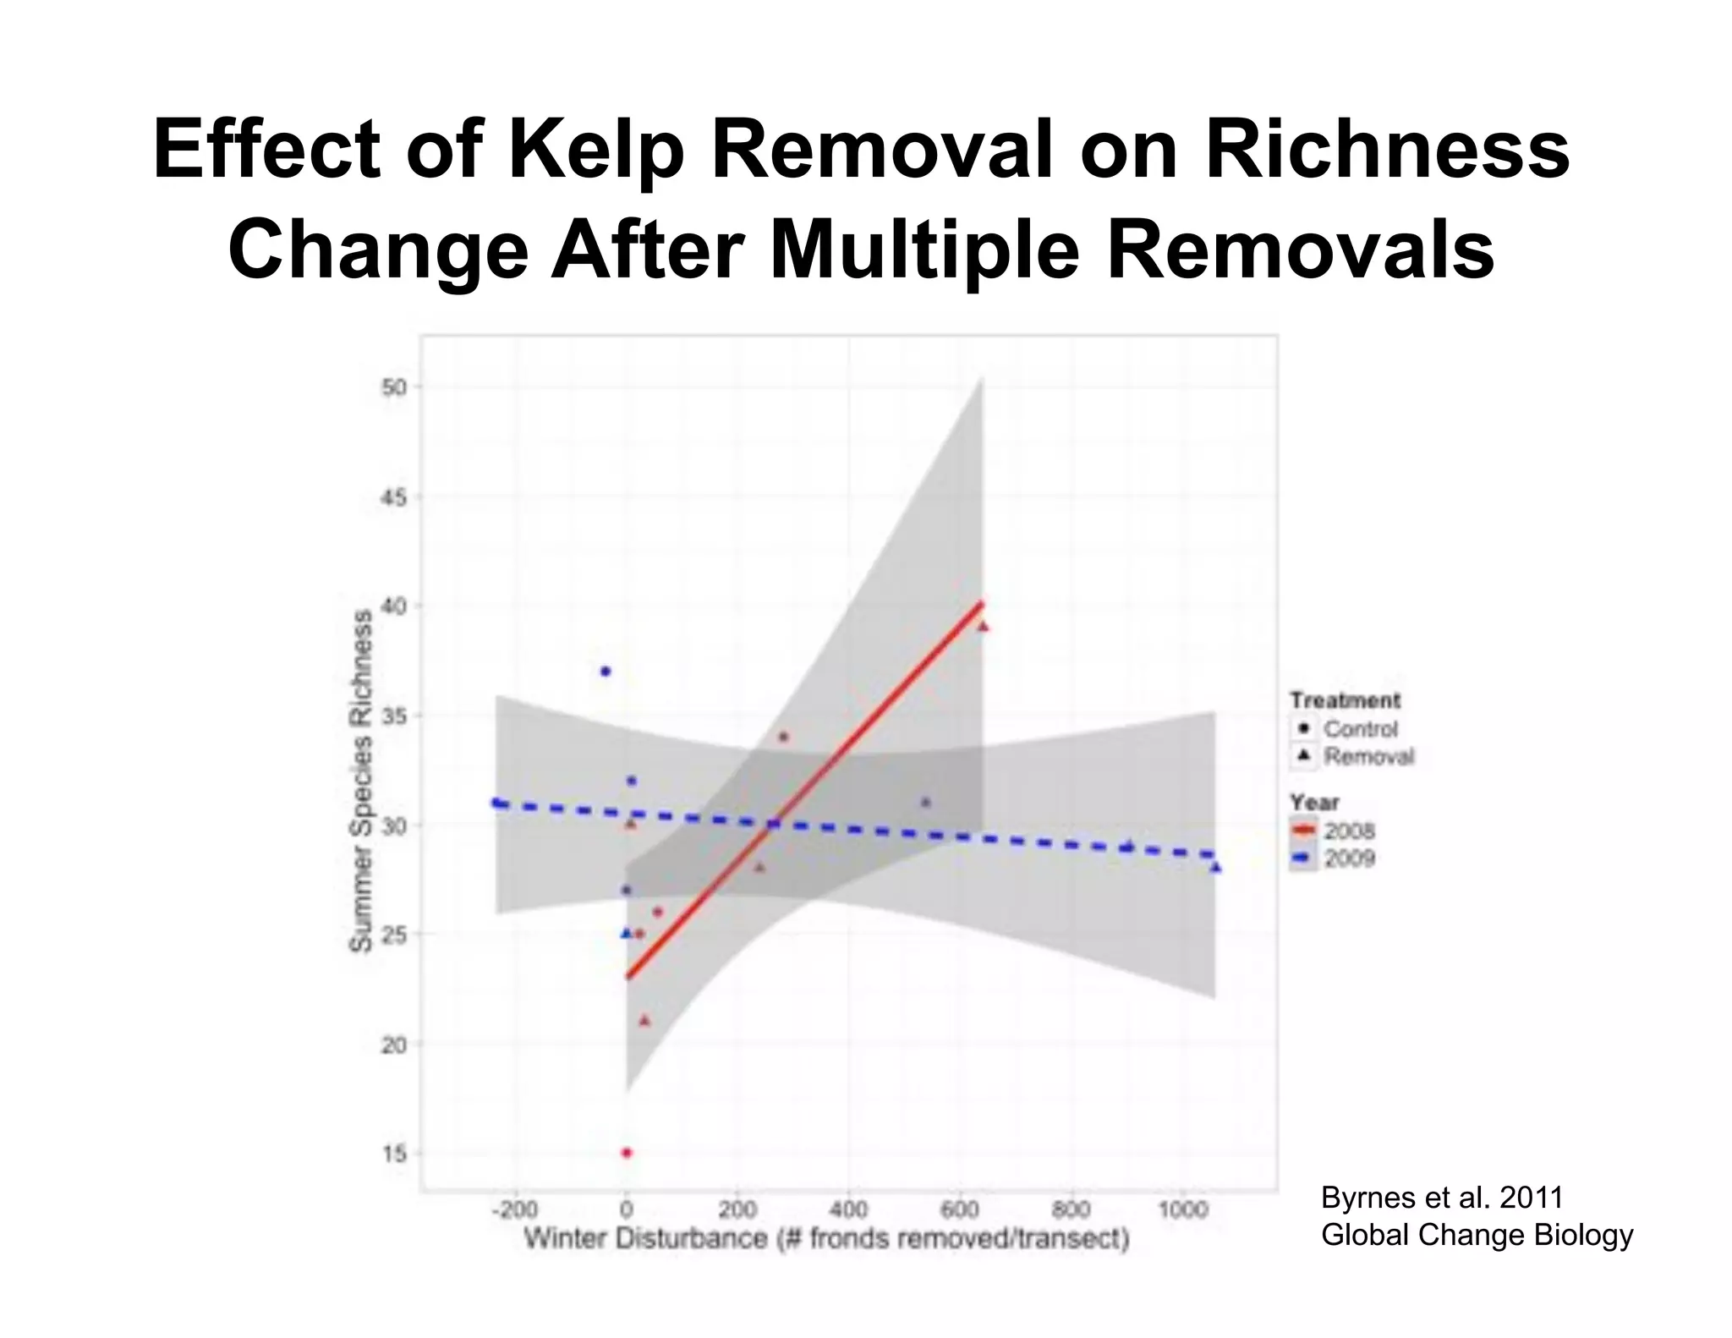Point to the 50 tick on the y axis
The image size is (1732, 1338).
click(x=395, y=387)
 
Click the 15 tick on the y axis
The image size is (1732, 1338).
click(x=395, y=1154)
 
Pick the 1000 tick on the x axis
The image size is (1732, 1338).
click(x=1182, y=1209)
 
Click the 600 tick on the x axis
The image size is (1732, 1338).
click(x=960, y=1209)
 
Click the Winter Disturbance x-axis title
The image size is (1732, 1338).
click(x=826, y=1239)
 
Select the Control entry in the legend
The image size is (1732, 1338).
click(x=1360, y=728)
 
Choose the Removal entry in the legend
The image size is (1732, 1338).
click(x=1368, y=756)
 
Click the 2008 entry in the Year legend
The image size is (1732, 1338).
click(x=1349, y=831)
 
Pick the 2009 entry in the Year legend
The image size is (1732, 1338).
click(x=1349, y=858)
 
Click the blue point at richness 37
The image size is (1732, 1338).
click(x=606, y=672)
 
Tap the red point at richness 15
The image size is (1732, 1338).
click(x=627, y=1153)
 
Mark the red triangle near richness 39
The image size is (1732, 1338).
click(x=983, y=627)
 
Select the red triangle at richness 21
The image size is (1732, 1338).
click(x=644, y=1021)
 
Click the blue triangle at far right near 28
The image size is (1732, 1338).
click(x=1215, y=868)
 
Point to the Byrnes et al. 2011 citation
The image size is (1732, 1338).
click(x=1442, y=1198)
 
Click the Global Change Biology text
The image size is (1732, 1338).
click(x=1477, y=1235)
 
